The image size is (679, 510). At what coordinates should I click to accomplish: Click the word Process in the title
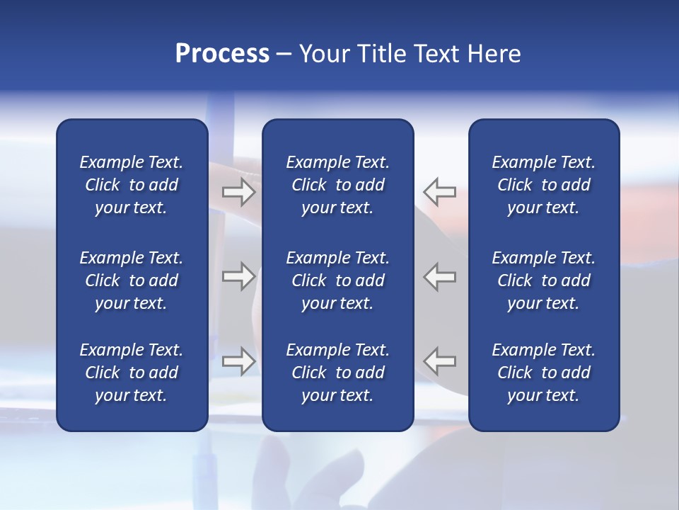tap(222, 54)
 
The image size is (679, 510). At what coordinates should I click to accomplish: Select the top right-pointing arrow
tap(238, 191)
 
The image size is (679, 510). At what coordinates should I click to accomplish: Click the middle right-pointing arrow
tap(238, 276)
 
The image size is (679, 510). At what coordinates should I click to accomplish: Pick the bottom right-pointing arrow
tap(238, 361)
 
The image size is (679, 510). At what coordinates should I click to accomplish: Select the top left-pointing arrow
tap(440, 191)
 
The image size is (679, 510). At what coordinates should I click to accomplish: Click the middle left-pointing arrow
tap(440, 276)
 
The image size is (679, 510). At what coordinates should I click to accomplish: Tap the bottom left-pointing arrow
tap(440, 361)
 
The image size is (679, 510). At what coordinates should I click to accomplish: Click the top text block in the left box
tap(132, 185)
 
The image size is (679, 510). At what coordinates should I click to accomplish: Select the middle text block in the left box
tap(132, 280)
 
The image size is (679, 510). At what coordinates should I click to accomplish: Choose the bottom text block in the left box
tap(132, 373)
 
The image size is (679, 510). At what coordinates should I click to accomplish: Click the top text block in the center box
tap(337, 185)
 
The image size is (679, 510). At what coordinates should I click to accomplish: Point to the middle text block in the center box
tap(337, 280)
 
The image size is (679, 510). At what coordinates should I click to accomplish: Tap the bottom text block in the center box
tap(337, 373)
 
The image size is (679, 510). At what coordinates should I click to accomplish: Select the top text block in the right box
tap(543, 185)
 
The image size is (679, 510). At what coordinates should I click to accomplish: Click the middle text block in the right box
tap(543, 280)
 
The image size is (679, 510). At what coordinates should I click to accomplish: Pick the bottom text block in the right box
tap(543, 373)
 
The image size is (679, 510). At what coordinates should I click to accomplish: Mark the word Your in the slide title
tap(323, 54)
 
